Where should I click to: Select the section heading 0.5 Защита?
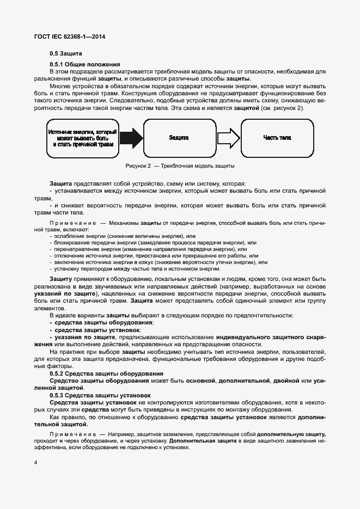(x=66, y=54)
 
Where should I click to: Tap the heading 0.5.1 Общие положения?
(x=80, y=65)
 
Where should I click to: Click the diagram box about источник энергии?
(x=83, y=138)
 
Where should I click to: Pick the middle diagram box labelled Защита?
(x=179, y=138)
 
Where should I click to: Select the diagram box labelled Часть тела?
(x=277, y=138)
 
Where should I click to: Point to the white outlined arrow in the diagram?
(x=228, y=138)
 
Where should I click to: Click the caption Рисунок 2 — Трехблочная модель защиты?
(x=180, y=165)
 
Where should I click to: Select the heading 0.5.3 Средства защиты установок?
(x=100, y=395)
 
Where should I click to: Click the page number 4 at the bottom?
(x=35, y=463)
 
